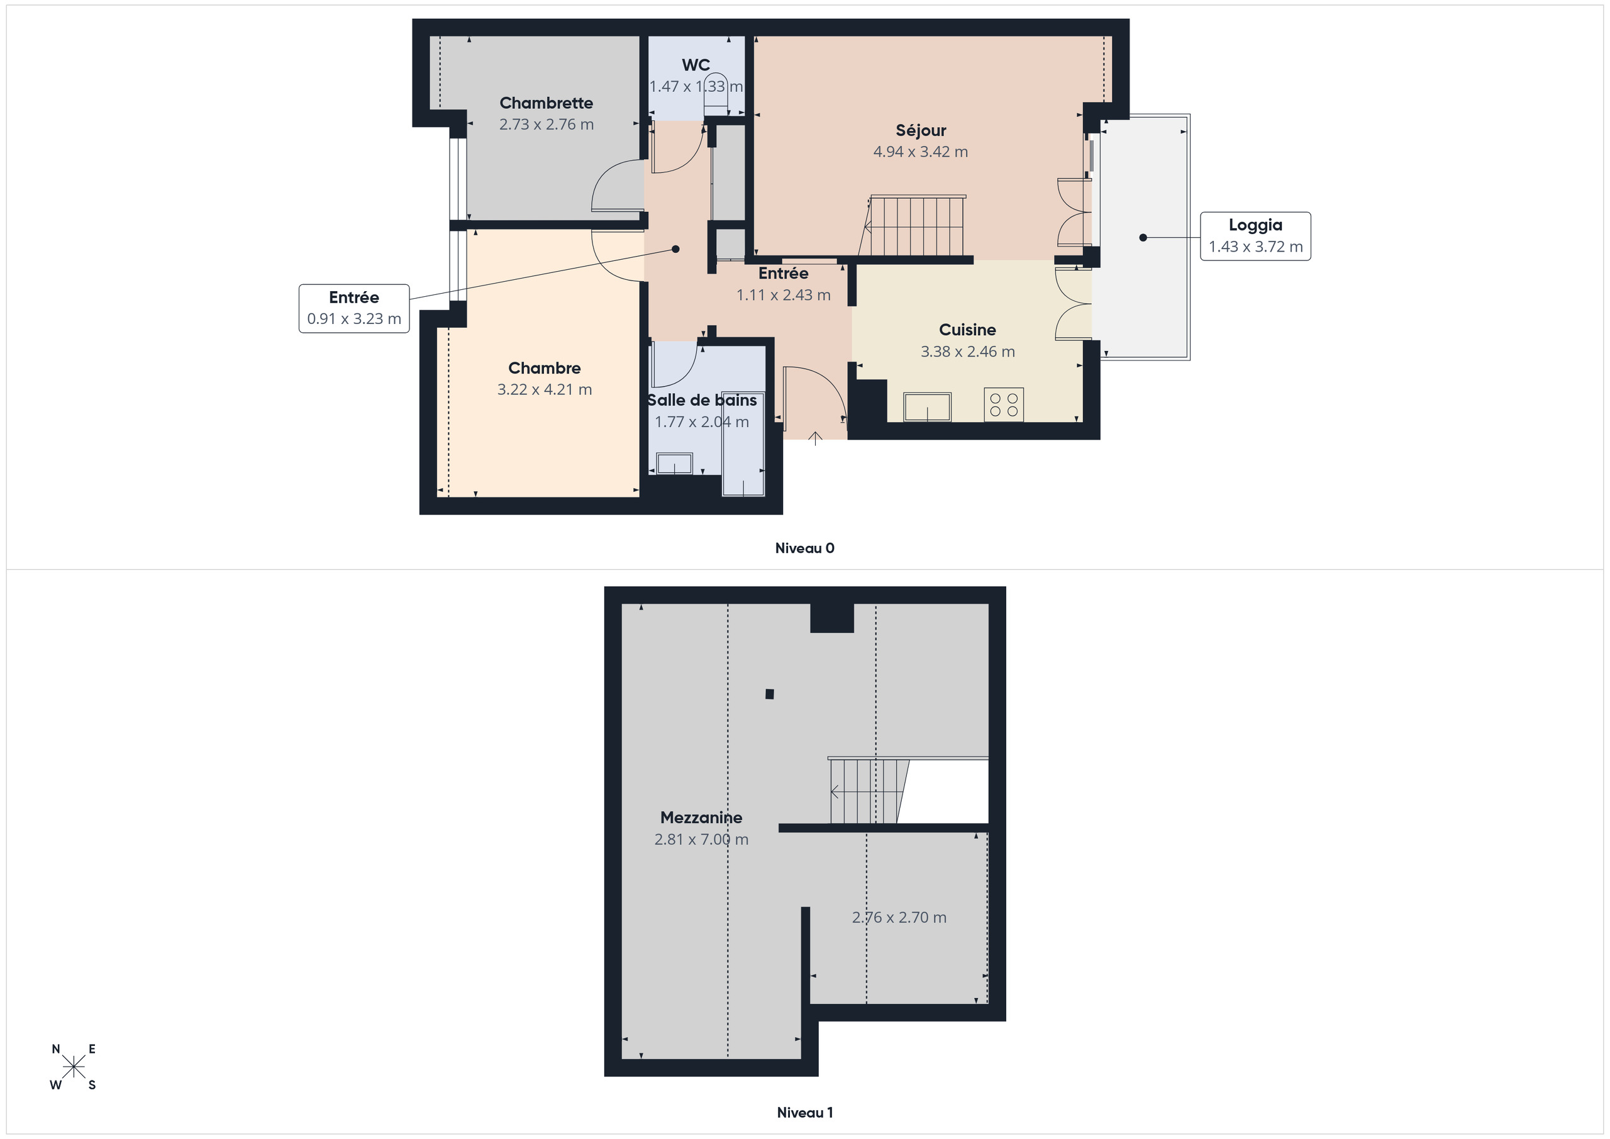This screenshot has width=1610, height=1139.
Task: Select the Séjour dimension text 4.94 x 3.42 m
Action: click(920, 152)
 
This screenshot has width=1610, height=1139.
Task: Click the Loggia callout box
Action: click(1255, 236)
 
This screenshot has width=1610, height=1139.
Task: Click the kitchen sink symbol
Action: click(927, 406)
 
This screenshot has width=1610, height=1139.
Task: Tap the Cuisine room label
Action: click(967, 330)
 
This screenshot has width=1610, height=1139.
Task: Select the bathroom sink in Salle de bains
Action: click(674, 464)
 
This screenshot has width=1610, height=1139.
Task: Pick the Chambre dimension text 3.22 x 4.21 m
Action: click(544, 389)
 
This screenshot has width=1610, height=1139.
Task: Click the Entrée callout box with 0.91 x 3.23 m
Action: click(353, 309)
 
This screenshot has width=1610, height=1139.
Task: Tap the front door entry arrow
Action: click(815, 439)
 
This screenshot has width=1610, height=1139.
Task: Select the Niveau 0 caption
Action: click(804, 548)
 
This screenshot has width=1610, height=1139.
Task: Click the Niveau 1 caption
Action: click(804, 1113)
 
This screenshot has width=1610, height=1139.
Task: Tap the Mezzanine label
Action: click(701, 817)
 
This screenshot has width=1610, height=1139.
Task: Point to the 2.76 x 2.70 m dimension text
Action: click(898, 918)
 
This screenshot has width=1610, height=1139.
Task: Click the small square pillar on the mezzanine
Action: click(769, 694)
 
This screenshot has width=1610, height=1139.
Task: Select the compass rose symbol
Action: click(73, 1067)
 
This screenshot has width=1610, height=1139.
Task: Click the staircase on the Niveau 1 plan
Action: click(868, 791)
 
